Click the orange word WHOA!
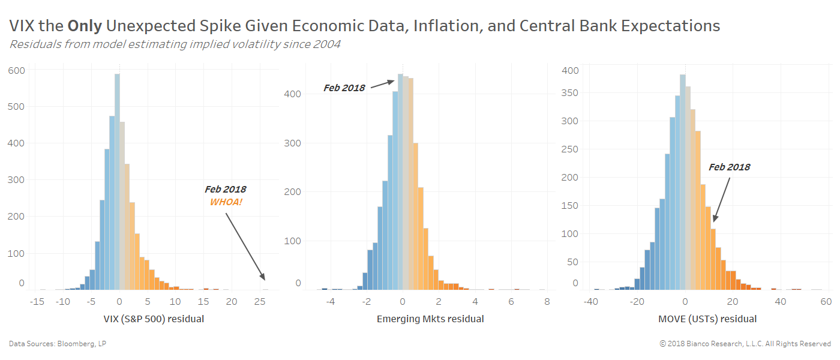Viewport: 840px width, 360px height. click(226, 202)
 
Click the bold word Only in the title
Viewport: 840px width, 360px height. click(84, 26)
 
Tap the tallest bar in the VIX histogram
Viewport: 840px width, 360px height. click(117, 180)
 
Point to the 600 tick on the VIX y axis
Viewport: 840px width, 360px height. click(16, 71)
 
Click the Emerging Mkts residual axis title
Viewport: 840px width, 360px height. click(430, 319)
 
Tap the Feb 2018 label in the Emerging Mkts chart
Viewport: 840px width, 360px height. click(344, 88)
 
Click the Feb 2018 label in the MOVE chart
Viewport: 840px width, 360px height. click(729, 167)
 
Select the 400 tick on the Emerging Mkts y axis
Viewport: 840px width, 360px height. click(294, 95)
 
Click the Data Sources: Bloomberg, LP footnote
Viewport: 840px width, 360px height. click(58, 344)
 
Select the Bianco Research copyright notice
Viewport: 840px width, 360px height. click(745, 344)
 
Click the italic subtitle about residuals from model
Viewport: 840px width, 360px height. click(175, 44)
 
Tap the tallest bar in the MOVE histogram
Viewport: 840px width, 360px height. click(682, 180)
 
